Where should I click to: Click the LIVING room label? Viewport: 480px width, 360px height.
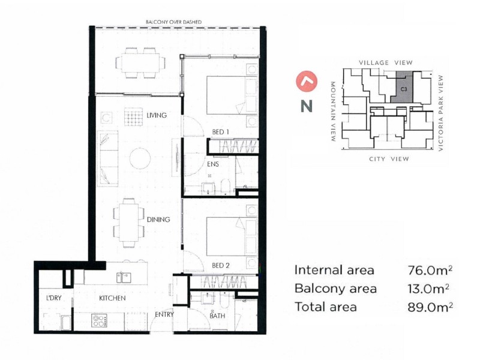[x=156, y=115]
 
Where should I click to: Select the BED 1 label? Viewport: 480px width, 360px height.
[x=221, y=131]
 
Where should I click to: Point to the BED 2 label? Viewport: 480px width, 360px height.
[x=221, y=265]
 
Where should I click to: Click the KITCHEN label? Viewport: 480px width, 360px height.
[x=112, y=298]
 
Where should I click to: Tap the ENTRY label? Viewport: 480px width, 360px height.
[x=164, y=314]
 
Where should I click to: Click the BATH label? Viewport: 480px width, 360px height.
[x=217, y=316]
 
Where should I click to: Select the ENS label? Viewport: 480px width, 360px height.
[x=213, y=163]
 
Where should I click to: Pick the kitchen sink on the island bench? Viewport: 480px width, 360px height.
[x=125, y=277]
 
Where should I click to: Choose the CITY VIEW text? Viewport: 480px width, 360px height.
[x=388, y=159]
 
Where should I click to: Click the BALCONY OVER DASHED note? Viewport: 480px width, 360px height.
[x=173, y=22]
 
